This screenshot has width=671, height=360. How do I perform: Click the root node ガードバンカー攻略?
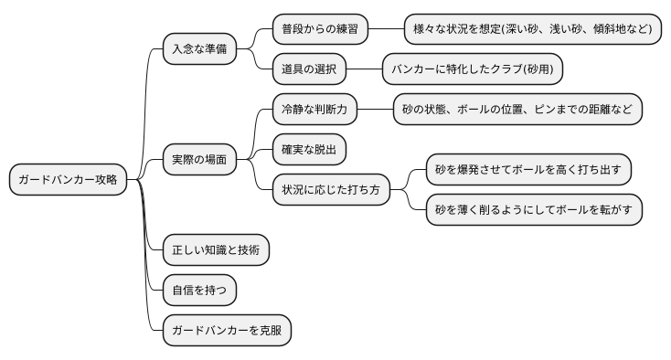coord(68,180)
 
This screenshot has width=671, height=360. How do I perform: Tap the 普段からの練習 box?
coord(320,29)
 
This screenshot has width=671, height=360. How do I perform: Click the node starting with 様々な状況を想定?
coord(533,29)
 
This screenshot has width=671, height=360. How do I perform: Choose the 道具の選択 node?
coord(309,69)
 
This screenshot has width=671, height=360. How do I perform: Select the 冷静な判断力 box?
coord(314,110)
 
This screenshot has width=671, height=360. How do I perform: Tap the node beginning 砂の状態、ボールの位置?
coord(517,110)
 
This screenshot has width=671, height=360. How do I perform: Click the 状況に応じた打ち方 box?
coord(331,190)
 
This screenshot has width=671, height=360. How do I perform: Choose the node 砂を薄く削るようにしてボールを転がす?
coord(534,209)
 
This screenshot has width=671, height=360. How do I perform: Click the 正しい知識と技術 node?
coord(216,249)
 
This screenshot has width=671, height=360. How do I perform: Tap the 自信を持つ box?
coord(199,290)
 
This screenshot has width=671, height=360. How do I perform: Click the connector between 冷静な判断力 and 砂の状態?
coord(375,110)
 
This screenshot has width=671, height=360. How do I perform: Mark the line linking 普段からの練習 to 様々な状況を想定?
coord(386,29)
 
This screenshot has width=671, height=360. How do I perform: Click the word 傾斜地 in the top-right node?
coord(612,29)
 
